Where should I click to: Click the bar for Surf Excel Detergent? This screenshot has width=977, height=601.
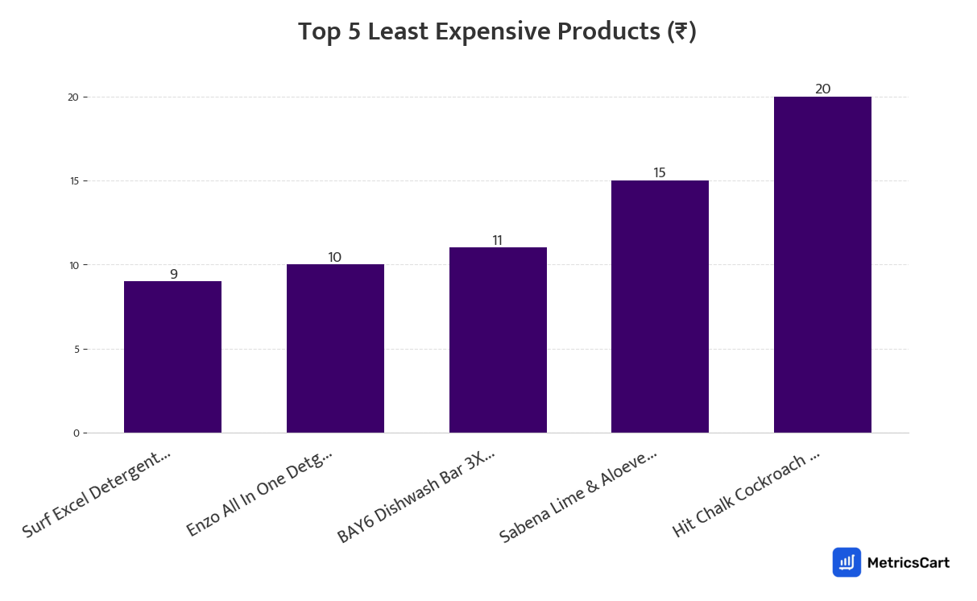(172, 357)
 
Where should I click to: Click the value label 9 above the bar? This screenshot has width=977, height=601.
(173, 274)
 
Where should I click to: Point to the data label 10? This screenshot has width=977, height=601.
(334, 257)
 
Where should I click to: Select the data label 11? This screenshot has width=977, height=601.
(497, 240)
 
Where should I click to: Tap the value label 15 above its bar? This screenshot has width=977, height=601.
(660, 172)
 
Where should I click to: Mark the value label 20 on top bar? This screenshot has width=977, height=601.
(822, 89)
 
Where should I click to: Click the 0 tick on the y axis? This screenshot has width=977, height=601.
(76, 433)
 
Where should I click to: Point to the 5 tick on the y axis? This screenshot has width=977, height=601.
(76, 350)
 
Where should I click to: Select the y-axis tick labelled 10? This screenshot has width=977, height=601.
(73, 265)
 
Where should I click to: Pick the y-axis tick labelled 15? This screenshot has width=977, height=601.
(73, 181)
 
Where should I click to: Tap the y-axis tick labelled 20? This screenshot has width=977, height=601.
(73, 97)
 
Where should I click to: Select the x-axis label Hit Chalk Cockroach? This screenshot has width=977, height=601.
(746, 494)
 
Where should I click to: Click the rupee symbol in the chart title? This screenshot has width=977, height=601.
(681, 32)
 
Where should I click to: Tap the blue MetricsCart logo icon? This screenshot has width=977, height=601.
(847, 562)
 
